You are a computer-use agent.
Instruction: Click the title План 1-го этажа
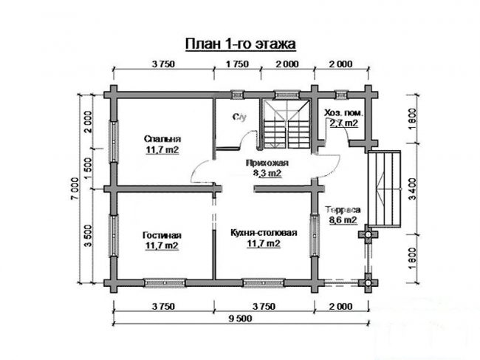[x=240, y=44]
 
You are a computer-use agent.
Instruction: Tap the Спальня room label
[x=162, y=139]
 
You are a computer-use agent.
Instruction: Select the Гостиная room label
[x=162, y=235]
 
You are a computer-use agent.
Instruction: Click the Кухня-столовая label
[x=264, y=233]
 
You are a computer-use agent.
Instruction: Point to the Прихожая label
[x=267, y=163]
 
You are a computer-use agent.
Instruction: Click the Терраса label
[x=343, y=210]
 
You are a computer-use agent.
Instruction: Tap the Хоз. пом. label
[x=344, y=113]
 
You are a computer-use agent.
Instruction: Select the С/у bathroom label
[x=239, y=117]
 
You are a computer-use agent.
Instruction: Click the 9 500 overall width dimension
[x=240, y=319]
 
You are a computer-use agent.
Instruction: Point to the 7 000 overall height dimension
[x=75, y=189]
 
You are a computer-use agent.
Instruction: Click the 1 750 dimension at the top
[x=237, y=64]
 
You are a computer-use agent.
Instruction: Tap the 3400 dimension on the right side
[x=413, y=189]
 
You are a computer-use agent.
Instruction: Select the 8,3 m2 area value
[x=267, y=173]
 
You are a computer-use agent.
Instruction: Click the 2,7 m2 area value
[x=343, y=123]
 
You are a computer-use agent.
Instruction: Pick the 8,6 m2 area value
[x=343, y=220]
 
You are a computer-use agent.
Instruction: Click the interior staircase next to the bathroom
[x=287, y=124]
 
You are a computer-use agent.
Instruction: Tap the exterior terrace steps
[x=385, y=189]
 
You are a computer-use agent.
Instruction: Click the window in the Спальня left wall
[x=114, y=141]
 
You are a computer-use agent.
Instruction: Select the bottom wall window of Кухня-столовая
[x=264, y=283]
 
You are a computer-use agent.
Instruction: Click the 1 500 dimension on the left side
[x=88, y=169]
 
